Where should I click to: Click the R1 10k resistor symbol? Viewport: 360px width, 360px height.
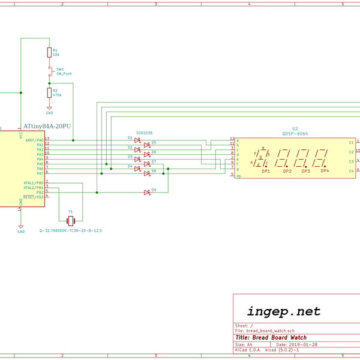pos(49,53)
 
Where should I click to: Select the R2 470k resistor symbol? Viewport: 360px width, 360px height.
pos(49,92)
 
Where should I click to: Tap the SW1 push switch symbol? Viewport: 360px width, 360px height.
pos(50,72)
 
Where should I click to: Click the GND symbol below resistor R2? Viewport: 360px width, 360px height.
pos(49,109)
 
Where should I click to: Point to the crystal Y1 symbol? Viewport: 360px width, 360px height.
pos(70,220)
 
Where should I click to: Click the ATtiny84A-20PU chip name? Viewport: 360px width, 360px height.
pos(47,127)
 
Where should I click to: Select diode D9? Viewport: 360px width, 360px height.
pos(146,193)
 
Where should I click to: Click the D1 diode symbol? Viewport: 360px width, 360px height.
pos(137,140)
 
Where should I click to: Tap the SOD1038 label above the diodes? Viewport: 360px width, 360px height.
pos(144,133)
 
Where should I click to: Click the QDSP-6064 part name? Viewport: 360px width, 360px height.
pos(295,134)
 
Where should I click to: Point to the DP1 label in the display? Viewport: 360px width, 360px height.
pos(265,172)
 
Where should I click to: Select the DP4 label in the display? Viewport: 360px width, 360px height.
pos(325,171)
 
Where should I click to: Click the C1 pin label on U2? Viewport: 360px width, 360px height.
pos(351,142)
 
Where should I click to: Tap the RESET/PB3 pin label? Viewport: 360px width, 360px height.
pos(33,197)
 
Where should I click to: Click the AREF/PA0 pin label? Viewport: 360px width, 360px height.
pos(34,140)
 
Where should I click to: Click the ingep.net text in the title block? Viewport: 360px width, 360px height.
pos(284,311)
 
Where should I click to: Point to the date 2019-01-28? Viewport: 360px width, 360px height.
pos(304,345)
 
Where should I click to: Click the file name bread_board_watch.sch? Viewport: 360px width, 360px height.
pos(271,331)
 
